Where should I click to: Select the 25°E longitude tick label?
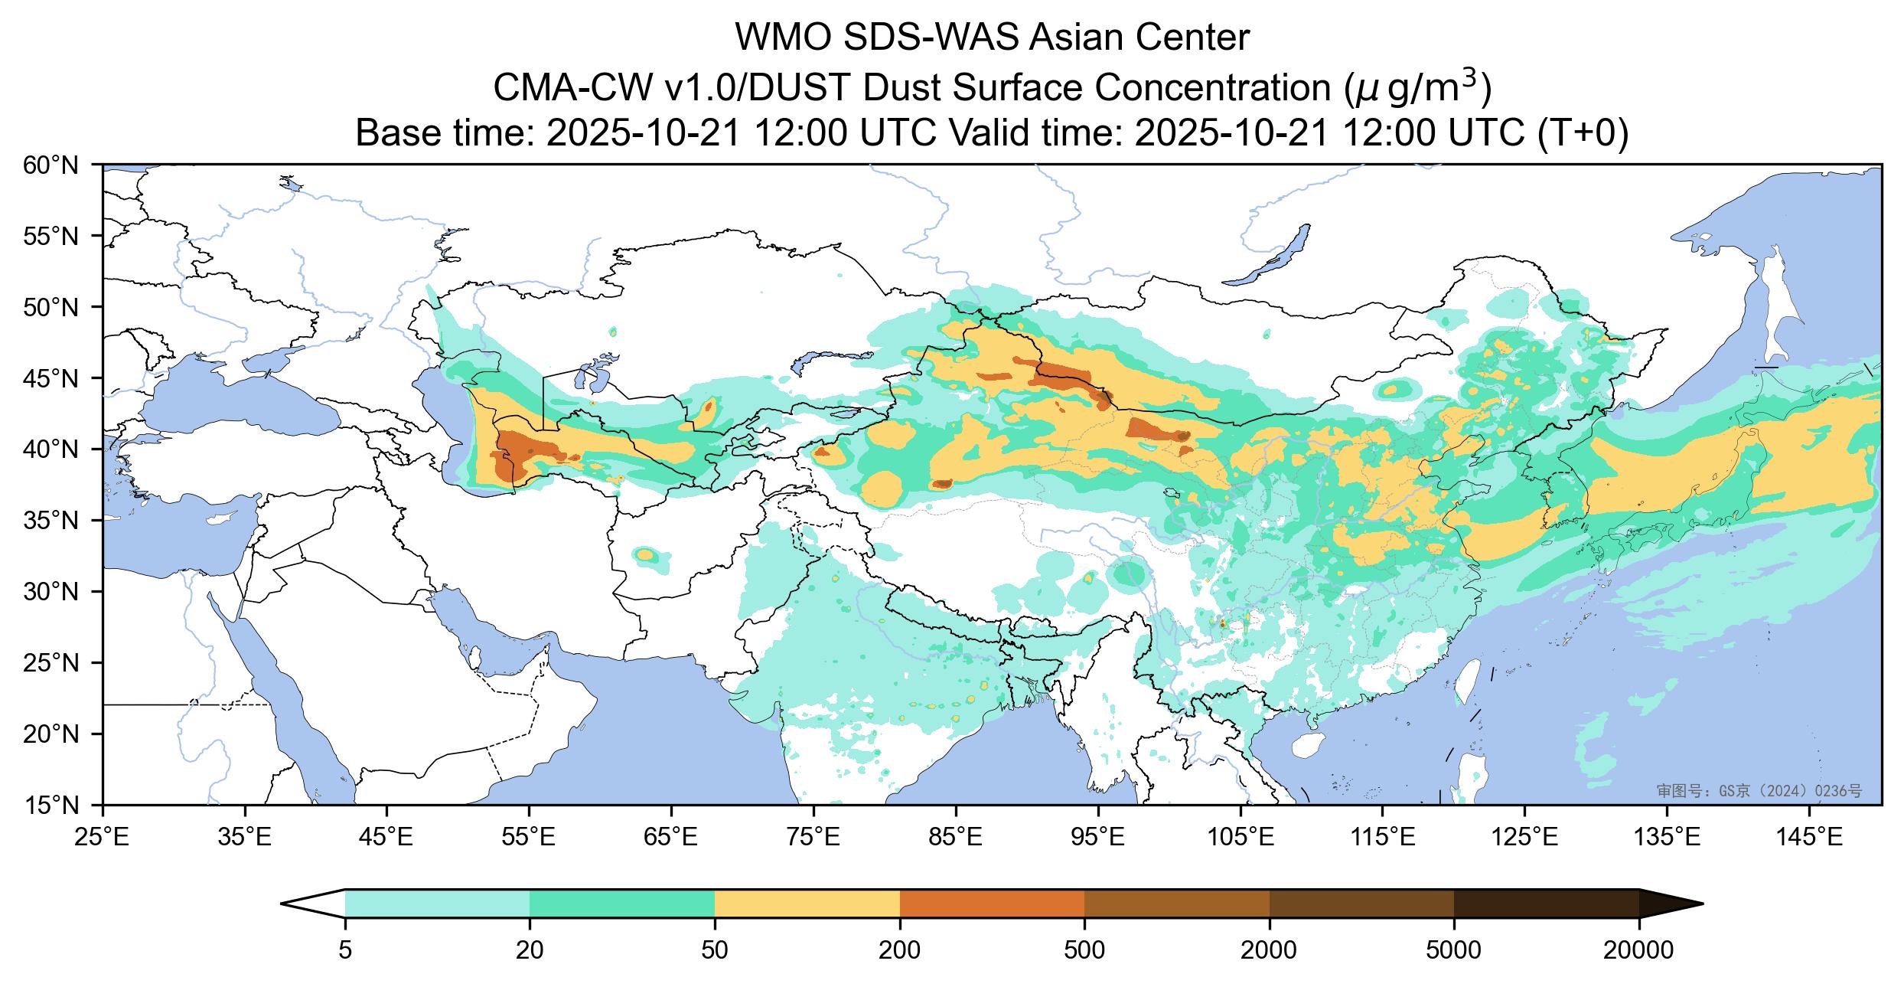click(103, 838)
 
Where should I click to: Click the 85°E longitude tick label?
click(956, 838)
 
